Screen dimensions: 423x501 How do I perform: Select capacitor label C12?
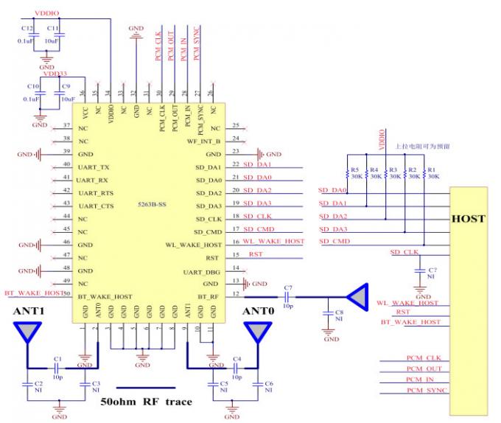(x=27, y=28)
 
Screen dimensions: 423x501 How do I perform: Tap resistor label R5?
(x=355, y=169)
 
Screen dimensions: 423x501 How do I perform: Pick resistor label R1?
(x=432, y=169)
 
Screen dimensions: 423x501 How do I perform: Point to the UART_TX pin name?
(x=94, y=167)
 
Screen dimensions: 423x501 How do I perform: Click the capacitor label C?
(x=433, y=270)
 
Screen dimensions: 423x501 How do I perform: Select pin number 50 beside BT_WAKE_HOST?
(x=66, y=293)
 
